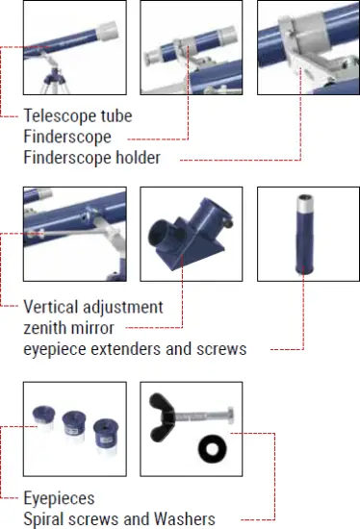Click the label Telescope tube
coord(77,116)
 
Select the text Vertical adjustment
coord(92,308)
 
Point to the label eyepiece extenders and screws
coord(134,348)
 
